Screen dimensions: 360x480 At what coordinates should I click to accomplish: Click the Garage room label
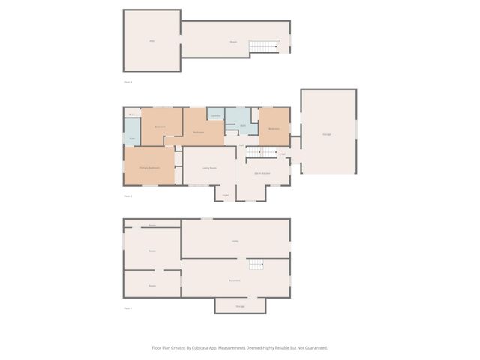(327, 134)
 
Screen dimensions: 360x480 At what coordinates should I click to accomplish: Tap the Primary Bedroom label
(149, 168)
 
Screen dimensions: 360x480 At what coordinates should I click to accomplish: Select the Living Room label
(209, 169)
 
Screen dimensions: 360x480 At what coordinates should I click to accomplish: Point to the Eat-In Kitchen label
(262, 173)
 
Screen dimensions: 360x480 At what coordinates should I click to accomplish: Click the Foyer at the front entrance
(225, 196)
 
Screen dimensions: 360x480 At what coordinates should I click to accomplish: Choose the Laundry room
(216, 116)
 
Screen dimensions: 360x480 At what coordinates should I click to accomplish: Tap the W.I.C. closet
(131, 114)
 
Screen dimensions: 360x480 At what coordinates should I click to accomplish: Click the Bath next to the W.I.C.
(132, 139)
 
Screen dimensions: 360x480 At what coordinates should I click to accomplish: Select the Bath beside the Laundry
(243, 125)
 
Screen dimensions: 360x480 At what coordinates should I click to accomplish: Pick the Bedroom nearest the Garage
(274, 128)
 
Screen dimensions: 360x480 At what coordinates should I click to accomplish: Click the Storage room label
(240, 306)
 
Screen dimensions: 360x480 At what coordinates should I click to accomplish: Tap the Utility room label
(235, 241)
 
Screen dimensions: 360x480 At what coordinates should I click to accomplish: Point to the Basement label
(235, 280)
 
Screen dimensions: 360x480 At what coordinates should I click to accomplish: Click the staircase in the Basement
(257, 265)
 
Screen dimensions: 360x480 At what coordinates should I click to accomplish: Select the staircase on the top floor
(264, 46)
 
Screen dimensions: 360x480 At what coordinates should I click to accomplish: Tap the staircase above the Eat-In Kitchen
(262, 152)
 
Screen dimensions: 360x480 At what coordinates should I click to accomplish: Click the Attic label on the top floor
(151, 41)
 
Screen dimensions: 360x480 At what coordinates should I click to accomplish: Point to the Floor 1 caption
(127, 308)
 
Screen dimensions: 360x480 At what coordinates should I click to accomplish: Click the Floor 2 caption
(127, 196)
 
